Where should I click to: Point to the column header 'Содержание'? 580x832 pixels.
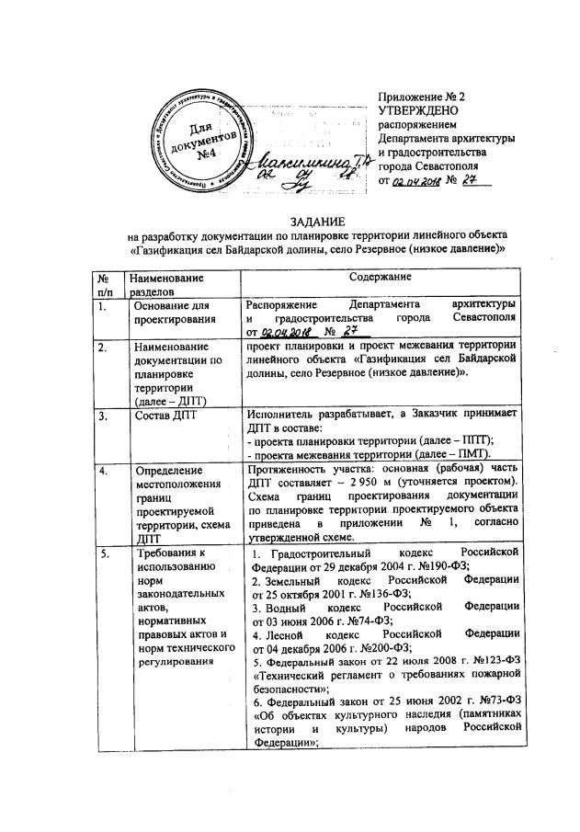[x=380, y=277]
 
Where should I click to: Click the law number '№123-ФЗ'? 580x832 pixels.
[x=491, y=661]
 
